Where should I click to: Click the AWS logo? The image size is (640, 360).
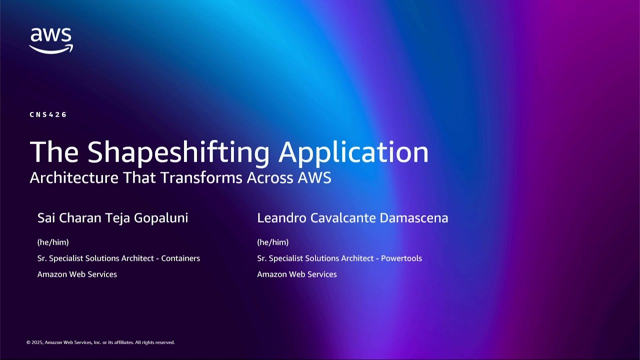click(x=51, y=40)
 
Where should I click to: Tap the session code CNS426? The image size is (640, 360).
click(x=48, y=114)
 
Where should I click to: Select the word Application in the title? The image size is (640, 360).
click(x=353, y=152)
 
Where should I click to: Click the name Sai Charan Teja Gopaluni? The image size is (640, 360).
click(x=112, y=218)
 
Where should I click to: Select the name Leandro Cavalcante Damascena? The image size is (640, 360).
click(x=352, y=218)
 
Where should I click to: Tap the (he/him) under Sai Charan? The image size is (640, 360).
click(x=53, y=242)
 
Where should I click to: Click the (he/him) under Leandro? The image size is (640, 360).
click(x=272, y=242)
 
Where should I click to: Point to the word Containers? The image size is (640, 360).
click(x=180, y=258)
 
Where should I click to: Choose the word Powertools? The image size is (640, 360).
click(x=401, y=258)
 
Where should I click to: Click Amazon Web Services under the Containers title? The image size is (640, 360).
click(x=77, y=274)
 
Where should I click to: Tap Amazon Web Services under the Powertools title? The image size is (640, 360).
click(x=297, y=274)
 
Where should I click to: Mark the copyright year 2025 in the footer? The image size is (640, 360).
click(x=37, y=342)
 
